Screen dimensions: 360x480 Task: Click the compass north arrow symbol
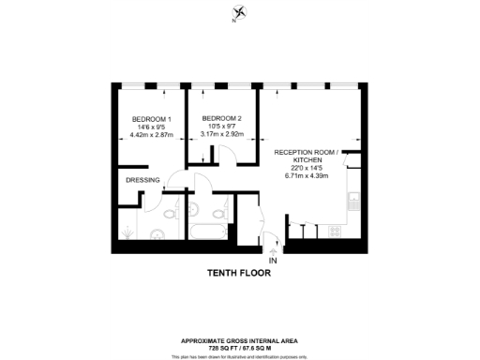[242, 12]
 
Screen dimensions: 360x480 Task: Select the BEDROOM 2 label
[222, 118]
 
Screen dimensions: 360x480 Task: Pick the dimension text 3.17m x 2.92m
[222, 134]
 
